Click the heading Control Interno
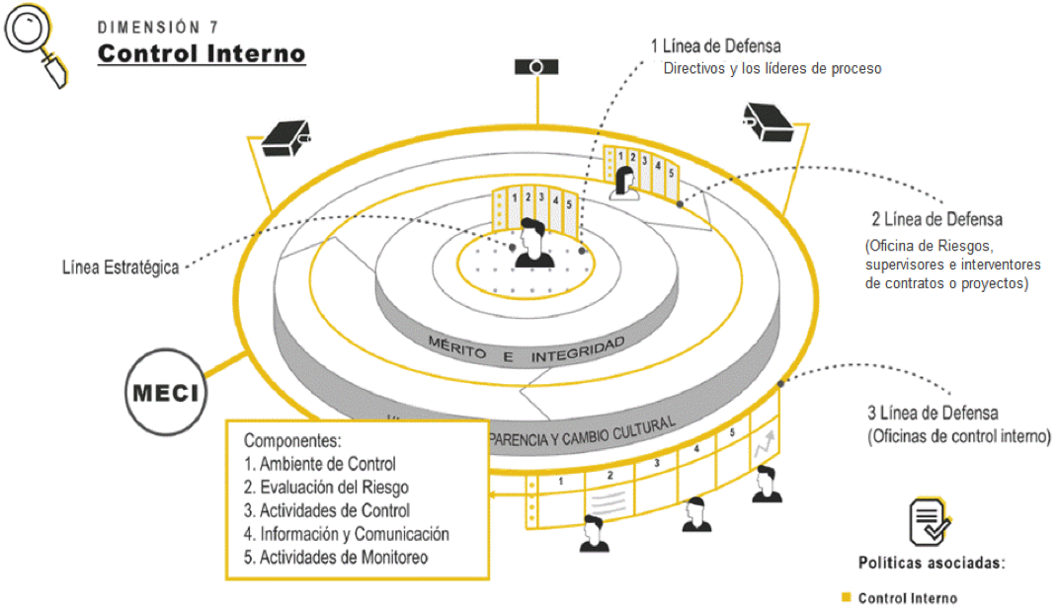pos(202,53)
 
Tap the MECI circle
pos(165,394)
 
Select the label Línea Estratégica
pos(120,267)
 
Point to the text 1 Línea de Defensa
pos(715,46)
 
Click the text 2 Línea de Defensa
pos(936,218)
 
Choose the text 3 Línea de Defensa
pos(932,414)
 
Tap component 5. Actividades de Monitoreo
pos(336,558)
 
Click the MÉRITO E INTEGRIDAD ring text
pos(528,347)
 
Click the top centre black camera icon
pos(537,67)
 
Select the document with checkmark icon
pos(930,521)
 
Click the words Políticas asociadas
pos(931,564)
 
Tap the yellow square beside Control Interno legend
pos(846,597)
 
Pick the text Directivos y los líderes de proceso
pos(772,69)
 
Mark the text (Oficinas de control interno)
pos(958,436)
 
